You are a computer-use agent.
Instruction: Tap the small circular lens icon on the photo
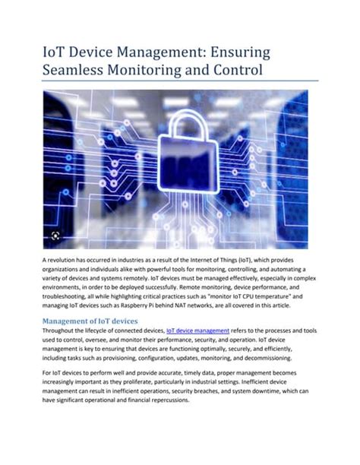[55, 236]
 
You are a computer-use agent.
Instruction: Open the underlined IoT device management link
[197, 331]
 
